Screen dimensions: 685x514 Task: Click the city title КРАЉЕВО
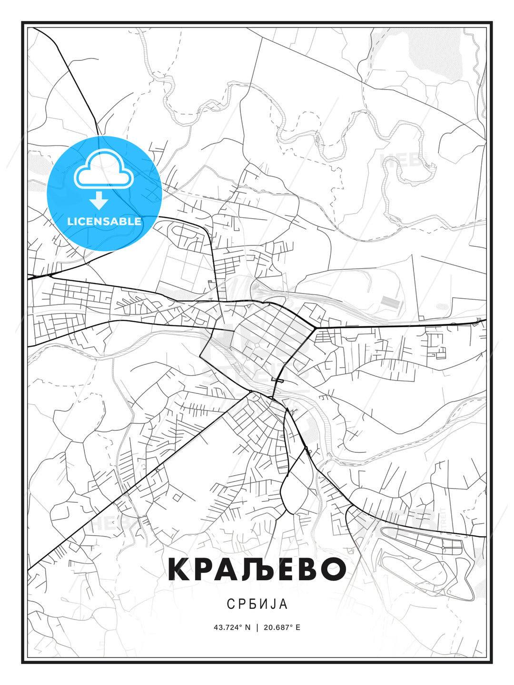tap(257, 569)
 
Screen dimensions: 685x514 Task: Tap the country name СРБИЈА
tap(257, 604)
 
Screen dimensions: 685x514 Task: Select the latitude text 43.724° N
tap(232, 627)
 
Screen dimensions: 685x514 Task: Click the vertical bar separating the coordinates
tap(257, 627)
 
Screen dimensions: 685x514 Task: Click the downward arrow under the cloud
tap(99, 201)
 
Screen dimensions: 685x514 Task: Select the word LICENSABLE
tap(104, 221)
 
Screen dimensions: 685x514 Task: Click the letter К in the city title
tap(180, 569)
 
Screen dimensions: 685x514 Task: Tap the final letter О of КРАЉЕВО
tap(331, 569)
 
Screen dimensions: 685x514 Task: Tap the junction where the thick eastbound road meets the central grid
tap(315, 328)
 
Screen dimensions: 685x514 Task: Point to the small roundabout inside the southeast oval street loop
tap(443, 548)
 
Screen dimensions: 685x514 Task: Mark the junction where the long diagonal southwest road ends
tap(250, 391)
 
